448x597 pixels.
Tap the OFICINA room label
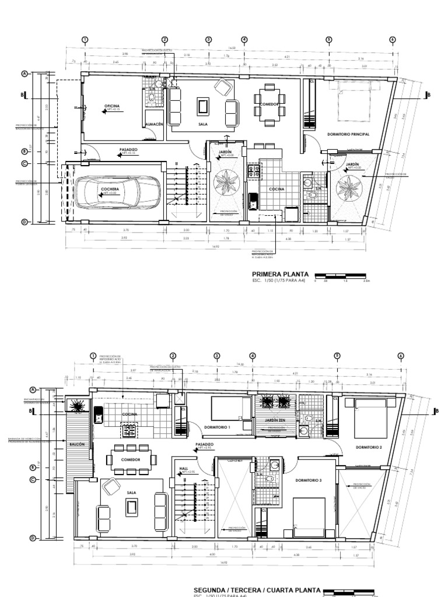(112, 106)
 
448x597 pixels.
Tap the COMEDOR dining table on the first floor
(269, 103)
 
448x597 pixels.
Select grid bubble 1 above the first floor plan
(85, 40)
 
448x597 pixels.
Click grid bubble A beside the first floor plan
(24, 74)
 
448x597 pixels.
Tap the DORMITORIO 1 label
(218, 427)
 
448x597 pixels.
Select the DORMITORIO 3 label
(307, 480)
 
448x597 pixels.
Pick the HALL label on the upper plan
(184, 468)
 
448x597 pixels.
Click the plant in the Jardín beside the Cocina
(226, 182)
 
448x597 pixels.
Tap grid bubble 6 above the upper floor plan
(401, 356)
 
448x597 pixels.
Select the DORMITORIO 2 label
(369, 447)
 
